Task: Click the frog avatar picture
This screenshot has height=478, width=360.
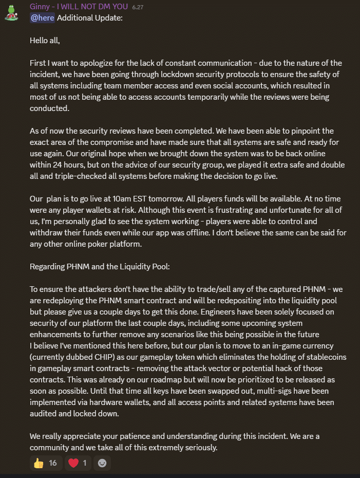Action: point(11,12)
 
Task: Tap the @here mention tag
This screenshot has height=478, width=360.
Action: point(42,18)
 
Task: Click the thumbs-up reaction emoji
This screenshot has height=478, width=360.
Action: point(39,463)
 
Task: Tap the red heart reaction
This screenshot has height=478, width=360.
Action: point(73,463)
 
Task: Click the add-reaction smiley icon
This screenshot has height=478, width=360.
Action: point(102,463)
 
